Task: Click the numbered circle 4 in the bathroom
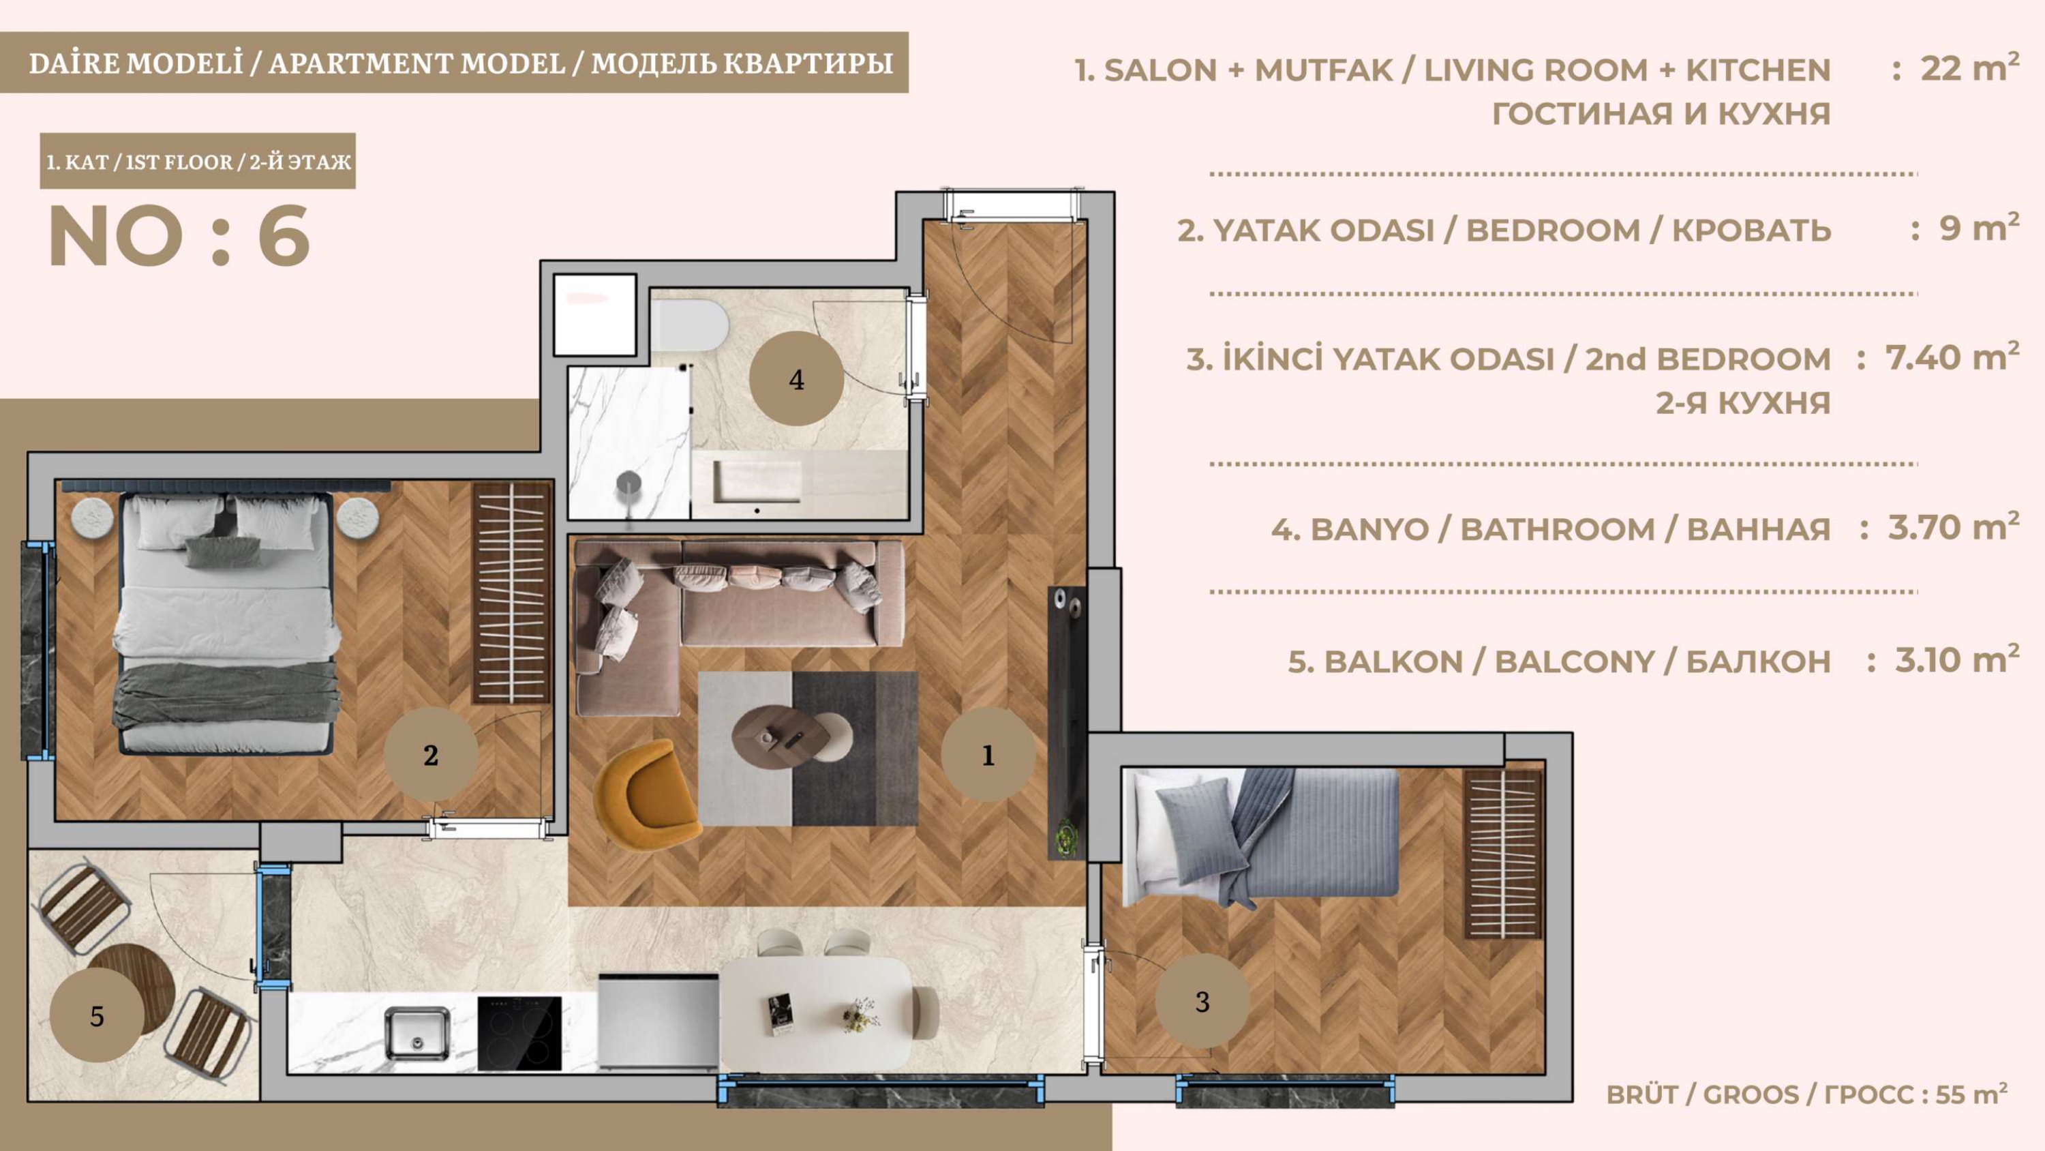pos(796,379)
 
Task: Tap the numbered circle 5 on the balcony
pos(97,1015)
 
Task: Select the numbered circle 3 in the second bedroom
pos(1202,1001)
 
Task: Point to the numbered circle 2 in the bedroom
pos(430,755)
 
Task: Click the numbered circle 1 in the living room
pos(988,755)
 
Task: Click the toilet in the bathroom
pos(688,325)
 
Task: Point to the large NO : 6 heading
pos(179,236)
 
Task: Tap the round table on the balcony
pos(131,985)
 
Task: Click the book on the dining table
pos(781,1015)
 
